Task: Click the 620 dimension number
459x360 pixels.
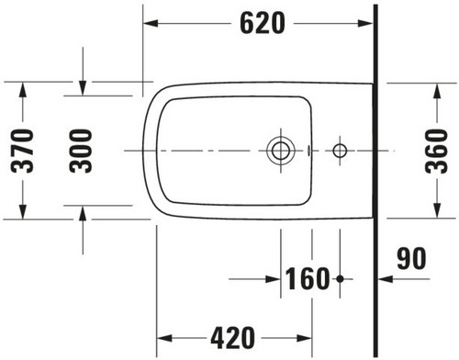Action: (263, 23)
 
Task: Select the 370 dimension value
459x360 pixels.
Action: (22, 151)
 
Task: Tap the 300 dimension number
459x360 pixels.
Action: (81, 151)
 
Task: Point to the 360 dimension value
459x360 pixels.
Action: (436, 151)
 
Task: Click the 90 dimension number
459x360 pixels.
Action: (411, 258)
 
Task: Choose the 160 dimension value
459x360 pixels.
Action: (308, 278)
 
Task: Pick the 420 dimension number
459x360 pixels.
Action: (232, 338)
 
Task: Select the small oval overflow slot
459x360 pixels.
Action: (308, 151)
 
